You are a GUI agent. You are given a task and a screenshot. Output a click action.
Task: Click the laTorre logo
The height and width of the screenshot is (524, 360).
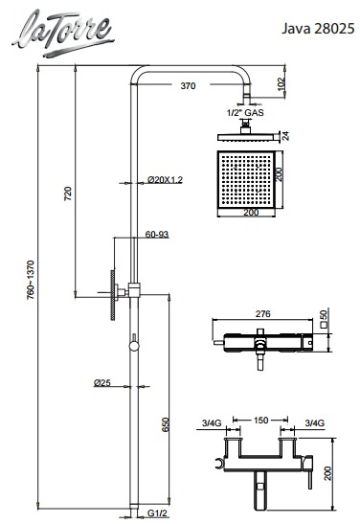(x=63, y=33)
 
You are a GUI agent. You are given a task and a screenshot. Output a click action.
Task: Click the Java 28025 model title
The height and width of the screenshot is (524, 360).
(x=318, y=29)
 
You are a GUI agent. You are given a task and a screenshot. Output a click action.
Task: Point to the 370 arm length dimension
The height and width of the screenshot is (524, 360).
(x=188, y=86)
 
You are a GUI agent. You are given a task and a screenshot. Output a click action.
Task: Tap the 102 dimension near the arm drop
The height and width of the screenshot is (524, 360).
(x=281, y=84)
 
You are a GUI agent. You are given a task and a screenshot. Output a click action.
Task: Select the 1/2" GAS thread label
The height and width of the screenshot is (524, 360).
(x=245, y=113)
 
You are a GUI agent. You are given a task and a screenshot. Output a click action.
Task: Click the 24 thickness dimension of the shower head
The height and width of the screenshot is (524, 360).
(x=286, y=136)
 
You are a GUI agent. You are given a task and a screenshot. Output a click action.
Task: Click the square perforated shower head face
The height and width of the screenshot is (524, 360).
(x=246, y=179)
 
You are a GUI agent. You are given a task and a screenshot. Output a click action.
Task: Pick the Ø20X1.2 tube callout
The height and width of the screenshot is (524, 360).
(x=165, y=180)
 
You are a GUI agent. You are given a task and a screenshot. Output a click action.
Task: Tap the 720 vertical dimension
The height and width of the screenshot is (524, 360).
(x=68, y=194)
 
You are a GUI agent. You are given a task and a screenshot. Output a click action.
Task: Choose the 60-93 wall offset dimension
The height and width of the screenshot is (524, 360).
(x=157, y=235)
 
